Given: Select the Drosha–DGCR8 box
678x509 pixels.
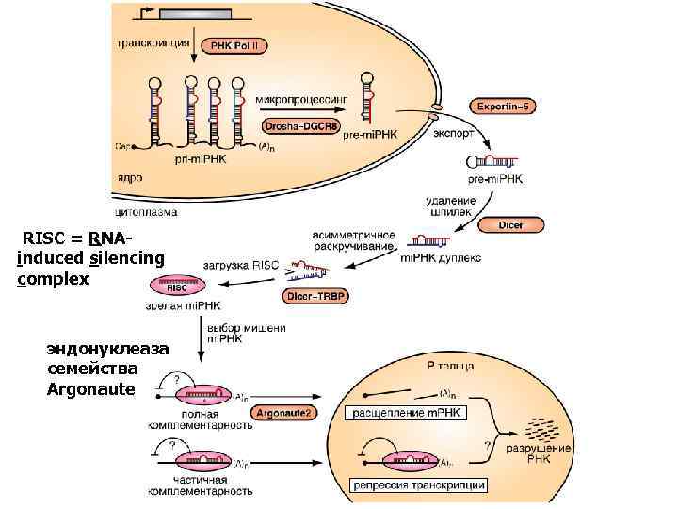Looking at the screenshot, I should coord(301,125).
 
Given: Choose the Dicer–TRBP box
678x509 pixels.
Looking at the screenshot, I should coord(316,296).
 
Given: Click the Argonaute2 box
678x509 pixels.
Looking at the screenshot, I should coord(288,413).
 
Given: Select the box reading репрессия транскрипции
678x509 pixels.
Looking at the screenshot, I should coord(418,485).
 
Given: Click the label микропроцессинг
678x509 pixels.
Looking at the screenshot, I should coord(302,98).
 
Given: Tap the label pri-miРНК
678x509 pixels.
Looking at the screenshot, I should coord(199,160).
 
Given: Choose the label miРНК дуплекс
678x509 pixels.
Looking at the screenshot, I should coord(442,256).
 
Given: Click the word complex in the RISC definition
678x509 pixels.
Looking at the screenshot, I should coord(53,279).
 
